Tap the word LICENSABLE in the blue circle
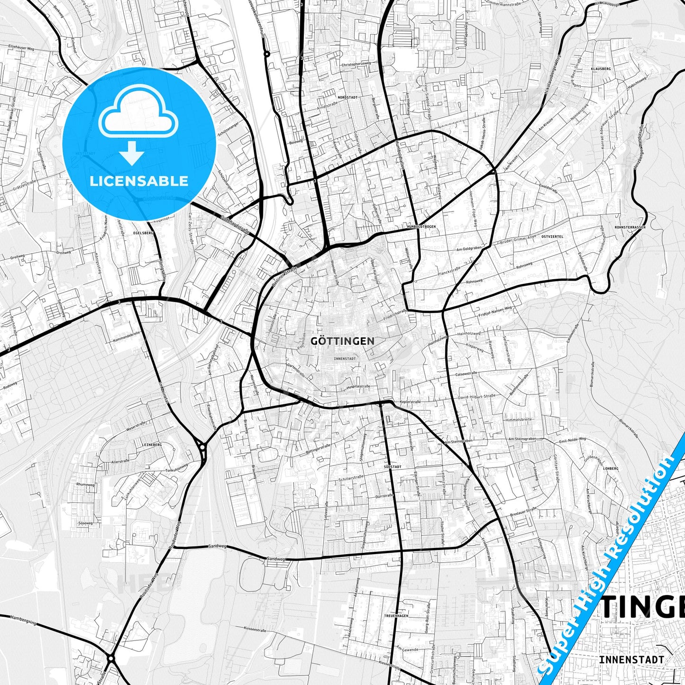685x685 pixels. click(x=139, y=181)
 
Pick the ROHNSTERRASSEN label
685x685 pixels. click(x=630, y=227)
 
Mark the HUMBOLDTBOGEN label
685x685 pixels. click(x=421, y=227)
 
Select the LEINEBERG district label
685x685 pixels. click(x=152, y=445)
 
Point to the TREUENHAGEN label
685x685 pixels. click(x=396, y=615)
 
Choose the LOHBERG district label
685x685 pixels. click(x=611, y=468)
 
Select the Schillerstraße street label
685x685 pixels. click(x=351, y=479)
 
